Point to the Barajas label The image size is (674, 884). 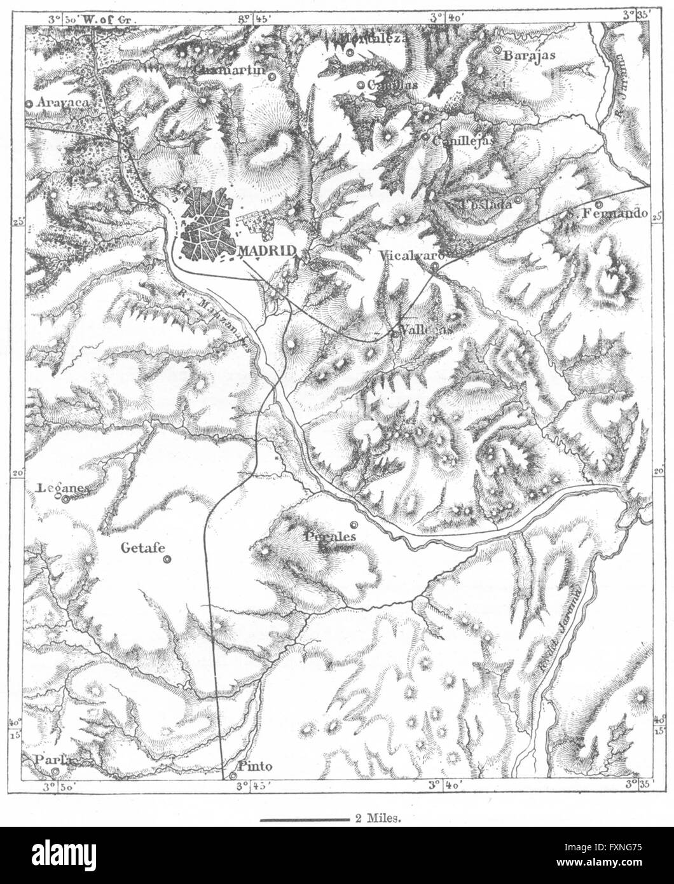[529, 55]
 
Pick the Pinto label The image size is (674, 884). [249, 766]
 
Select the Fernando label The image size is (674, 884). [614, 214]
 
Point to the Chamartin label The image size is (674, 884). [229, 69]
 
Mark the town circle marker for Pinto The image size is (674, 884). [235, 776]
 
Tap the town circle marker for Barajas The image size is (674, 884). [497, 49]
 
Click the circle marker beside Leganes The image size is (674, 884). [65, 499]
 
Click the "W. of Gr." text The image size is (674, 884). [106, 20]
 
